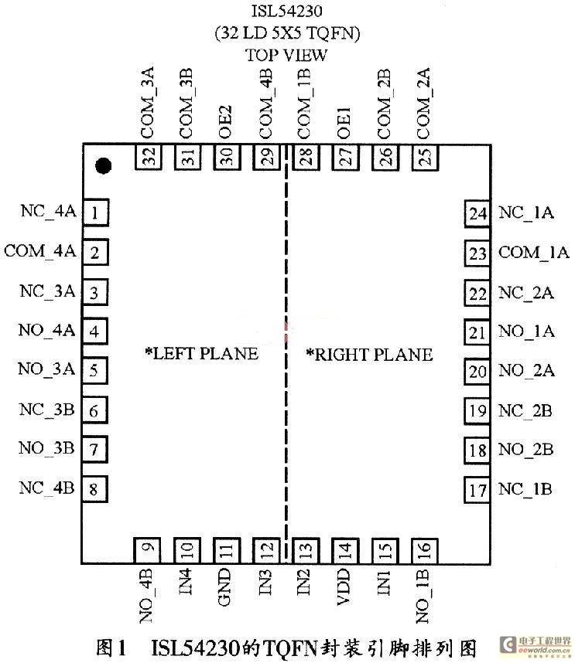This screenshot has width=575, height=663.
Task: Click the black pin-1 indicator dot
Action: pyautogui.click(x=103, y=165)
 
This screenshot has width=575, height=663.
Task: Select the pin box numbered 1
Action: pyautogui.click(x=95, y=212)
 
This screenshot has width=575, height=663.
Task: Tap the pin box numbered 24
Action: pyautogui.click(x=477, y=213)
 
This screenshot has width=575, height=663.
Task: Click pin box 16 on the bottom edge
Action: pyautogui.click(x=425, y=551)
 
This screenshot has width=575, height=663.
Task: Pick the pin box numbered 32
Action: pyautogui.click(x=149, y=157)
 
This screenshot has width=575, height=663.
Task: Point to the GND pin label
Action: pyautogui.click(x=224, y=587)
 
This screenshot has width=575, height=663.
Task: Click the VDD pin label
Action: pyautogui.click(x=344, y=586)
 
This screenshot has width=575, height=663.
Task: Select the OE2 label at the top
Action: pyautogui.click(x=225, y=122)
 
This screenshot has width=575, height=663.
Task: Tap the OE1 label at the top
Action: pyautogui.click(x=344, y=123)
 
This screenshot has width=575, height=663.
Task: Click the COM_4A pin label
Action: pyautogui.click(x=40, y=250)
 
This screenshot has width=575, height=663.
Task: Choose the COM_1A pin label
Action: pyautogui.click(x=533, y=253)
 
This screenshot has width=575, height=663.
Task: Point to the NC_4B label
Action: pyautogui.click(x=46, y=488)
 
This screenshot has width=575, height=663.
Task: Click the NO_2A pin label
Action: pyautogui.click(x=526, y=370)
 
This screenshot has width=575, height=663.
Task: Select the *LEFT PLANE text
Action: pyautogui.click(x=201, y=353)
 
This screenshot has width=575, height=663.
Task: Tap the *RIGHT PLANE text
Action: pyautogui.click(x=369, y=355)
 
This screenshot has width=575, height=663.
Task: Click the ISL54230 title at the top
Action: pyautogui.click(x=287, y=11)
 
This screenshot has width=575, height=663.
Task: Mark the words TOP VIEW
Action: pyautogui.click(x=286, y=55)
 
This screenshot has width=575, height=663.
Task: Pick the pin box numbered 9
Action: pyautogui.click(x=147, y=550)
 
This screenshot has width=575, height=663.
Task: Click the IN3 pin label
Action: pyautogui.click(x=265, y=582)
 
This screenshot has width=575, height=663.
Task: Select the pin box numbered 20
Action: pyautogui.click(x=477, y=372)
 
